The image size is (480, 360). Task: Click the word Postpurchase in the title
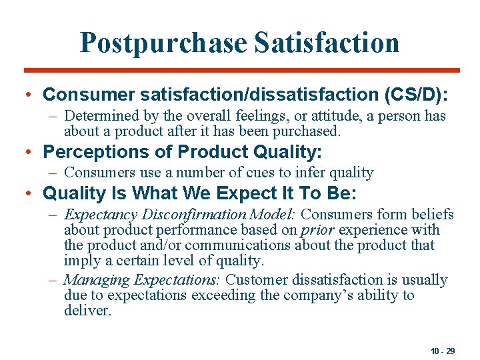163,43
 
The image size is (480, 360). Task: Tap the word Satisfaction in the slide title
326,43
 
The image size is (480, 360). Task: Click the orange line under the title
241,71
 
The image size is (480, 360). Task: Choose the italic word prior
317,230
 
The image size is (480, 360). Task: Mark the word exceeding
204,295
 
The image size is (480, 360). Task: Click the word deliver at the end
87,311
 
